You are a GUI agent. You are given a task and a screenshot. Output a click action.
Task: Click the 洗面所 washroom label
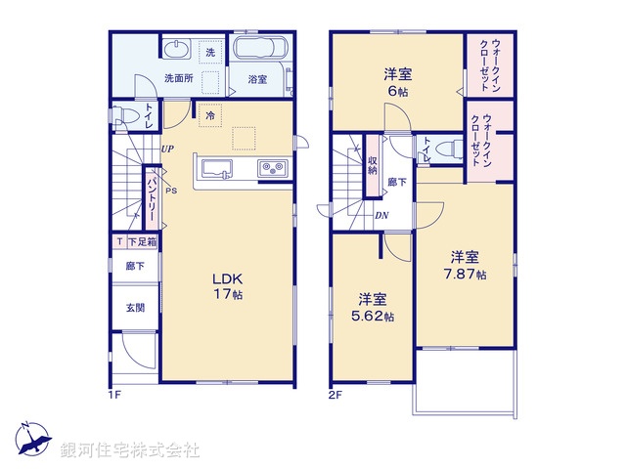(x=178, y=77)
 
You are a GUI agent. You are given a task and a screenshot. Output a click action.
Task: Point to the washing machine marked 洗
(x=209, y=52)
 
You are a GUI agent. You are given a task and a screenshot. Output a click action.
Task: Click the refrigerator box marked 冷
(x=209, y=114)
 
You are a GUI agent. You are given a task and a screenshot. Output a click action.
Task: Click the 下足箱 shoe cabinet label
(x=142, y=241)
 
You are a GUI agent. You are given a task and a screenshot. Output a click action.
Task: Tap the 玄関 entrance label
(x=135, y=307)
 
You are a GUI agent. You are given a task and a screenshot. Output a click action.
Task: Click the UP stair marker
(x=167, y=149)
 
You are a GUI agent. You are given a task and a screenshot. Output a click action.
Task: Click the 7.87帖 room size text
(x=466, y=274)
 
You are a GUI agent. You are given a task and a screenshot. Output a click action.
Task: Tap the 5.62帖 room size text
(x=375, y=316)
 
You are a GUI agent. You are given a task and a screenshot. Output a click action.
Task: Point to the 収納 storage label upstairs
(x=373, y=164)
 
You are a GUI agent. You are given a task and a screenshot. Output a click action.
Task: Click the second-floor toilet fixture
(x=445, y=149)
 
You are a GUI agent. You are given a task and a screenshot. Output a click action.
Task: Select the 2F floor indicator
(x=334, y=395)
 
